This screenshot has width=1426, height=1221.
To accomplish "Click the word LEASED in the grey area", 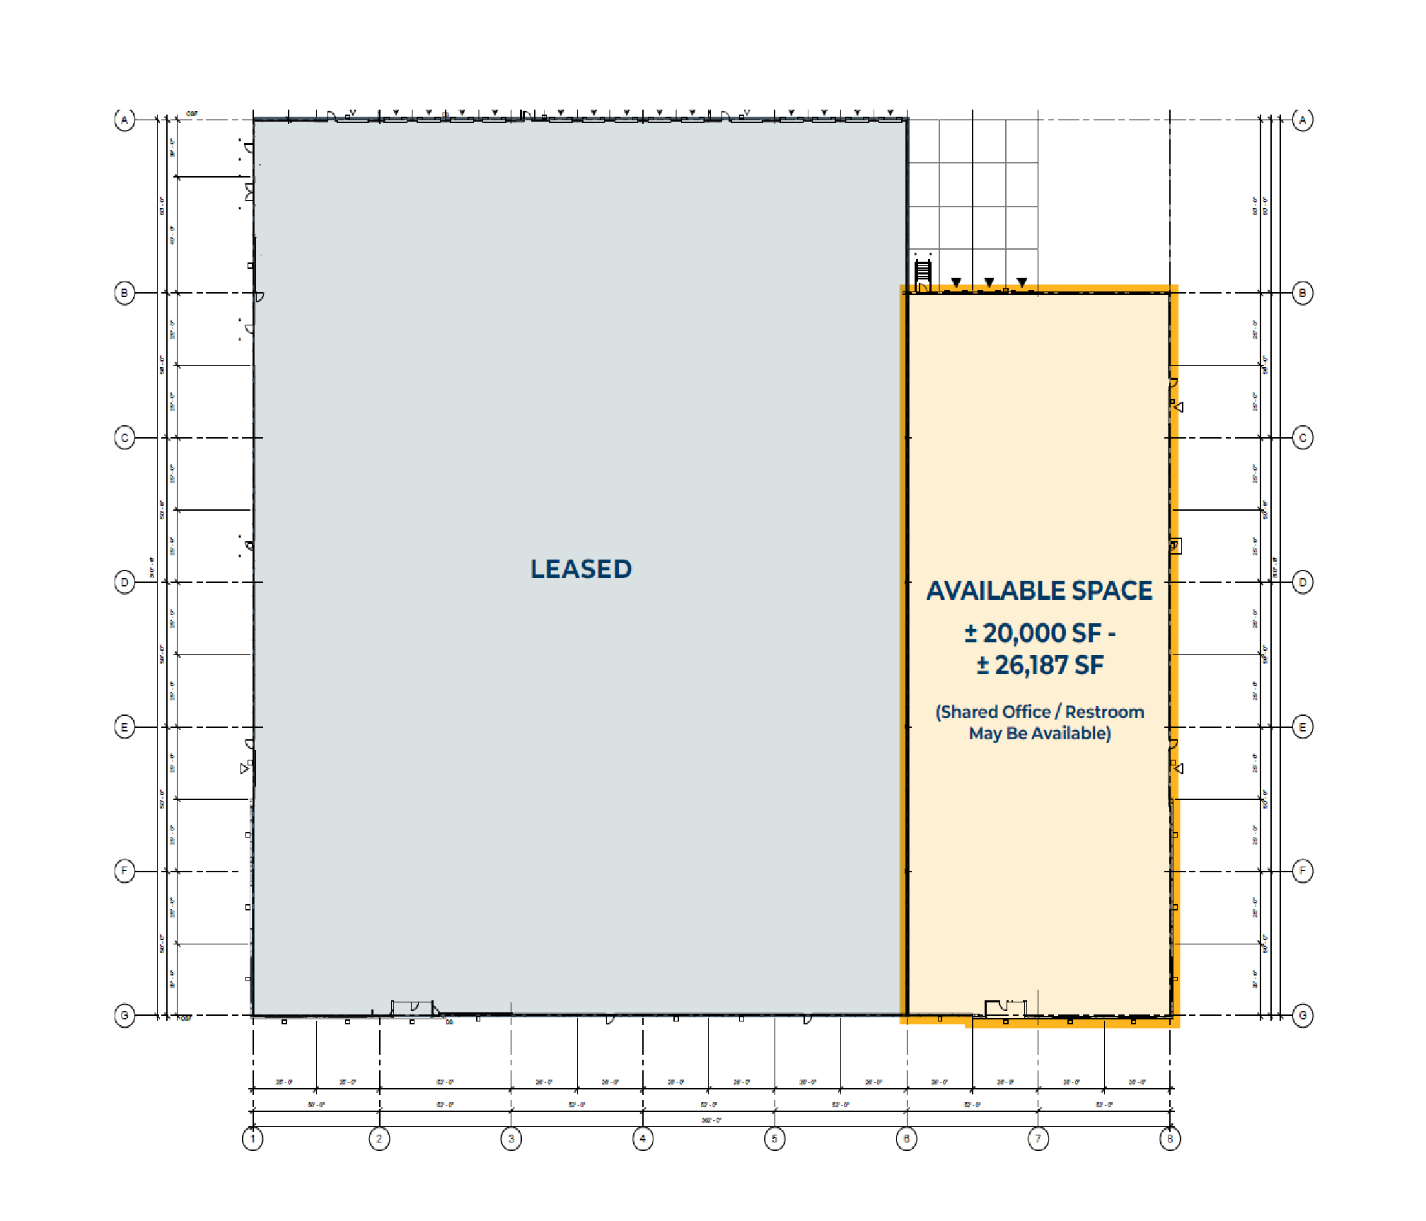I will (581, 569).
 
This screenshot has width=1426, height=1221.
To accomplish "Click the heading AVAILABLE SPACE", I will (1039, 591).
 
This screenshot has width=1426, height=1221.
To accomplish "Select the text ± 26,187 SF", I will (1040, 665).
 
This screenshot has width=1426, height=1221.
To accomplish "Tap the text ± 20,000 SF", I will (1033, 633).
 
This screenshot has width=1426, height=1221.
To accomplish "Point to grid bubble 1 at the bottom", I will (253, 1138).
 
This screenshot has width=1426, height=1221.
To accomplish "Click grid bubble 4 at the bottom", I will (642, 1138).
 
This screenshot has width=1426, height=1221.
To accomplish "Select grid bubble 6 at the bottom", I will (906, 1138).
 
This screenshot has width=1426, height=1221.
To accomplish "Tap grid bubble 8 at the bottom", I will (1170, 1138).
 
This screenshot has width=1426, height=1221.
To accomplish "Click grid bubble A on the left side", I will (124, 120).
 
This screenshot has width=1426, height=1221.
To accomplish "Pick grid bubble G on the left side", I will (124, 1016).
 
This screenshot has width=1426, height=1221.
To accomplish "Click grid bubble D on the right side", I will (1302, 582).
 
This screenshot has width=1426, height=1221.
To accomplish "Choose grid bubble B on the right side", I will (1302, 293).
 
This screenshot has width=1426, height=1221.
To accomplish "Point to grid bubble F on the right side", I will (1302, 871).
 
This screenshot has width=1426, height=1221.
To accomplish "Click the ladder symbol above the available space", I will (923, 271).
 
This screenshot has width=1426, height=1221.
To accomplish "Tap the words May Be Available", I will (1040, 734).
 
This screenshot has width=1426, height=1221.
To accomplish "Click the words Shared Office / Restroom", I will (1040, 712).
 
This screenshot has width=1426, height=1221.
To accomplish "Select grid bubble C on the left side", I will (124, 438).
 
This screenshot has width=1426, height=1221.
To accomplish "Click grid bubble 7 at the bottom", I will (1038, 1138).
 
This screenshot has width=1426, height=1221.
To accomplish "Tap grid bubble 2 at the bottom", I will (379, 1138).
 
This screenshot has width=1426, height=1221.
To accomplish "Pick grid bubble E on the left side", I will (124, 727).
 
